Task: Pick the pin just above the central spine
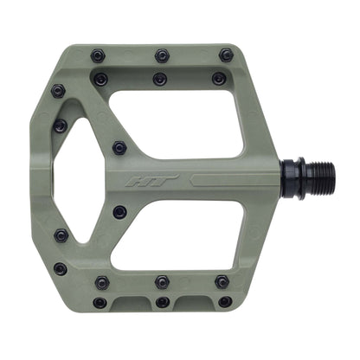119,148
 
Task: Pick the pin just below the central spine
119,211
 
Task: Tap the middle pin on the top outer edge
162,56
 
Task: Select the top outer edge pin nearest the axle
226,55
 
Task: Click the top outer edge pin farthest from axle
98,56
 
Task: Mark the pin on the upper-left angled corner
58,90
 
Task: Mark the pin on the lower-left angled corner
60,268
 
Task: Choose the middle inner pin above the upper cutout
159,79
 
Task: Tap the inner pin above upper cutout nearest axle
219,79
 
